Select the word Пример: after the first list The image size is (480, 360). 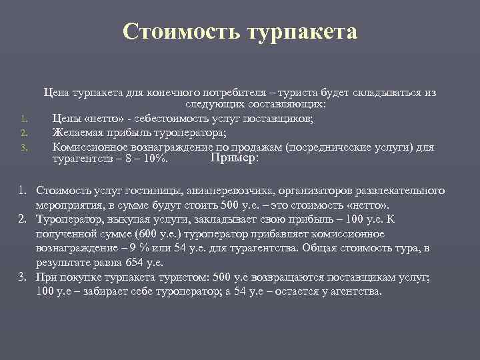tap(234, 158)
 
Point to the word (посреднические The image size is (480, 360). tap(327, 147)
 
